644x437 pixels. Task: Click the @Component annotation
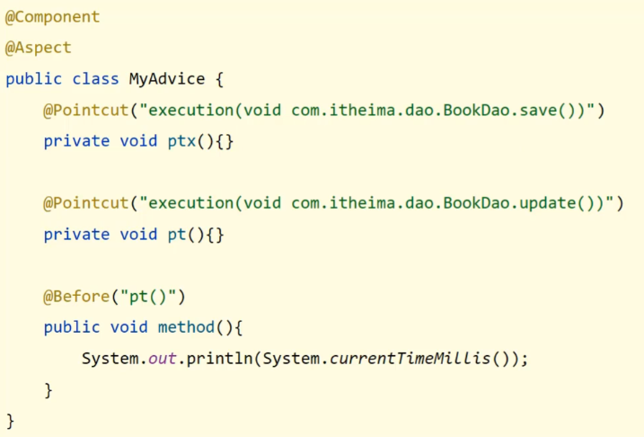53,17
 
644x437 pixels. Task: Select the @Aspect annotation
39,48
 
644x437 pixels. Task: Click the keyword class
95,79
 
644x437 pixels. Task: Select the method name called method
186,327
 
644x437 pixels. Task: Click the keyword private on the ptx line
76,141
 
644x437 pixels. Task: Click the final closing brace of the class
11,420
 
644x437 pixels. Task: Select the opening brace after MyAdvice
220,79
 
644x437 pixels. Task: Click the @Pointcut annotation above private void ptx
86,111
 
